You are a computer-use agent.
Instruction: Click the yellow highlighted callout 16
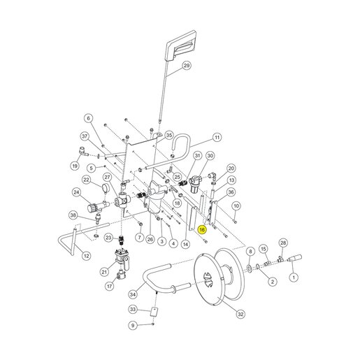coord(202,229)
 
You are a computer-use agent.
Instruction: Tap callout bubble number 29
coord(187,66)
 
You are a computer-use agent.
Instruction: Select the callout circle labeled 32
coord(240,314)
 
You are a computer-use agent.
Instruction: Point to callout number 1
coord(294,278)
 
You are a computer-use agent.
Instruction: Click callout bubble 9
coord(133,325)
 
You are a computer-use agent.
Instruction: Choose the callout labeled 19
coord(75,166)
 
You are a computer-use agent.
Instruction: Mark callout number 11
coord(217,137)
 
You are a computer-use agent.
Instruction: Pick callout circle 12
coord(87,256)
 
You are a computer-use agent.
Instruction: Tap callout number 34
coord(133,294)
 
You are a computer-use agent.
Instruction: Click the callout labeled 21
coord(104,272)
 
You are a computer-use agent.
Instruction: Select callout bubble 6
coord(88,118)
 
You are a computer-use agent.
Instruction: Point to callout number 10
coord(236,206)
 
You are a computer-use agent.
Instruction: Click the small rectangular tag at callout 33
coord(154,312)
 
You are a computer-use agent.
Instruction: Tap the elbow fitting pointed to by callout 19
coord(83,151)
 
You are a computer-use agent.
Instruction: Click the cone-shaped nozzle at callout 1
coord(295,258)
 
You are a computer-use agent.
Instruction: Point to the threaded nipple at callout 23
coord(121,240)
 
